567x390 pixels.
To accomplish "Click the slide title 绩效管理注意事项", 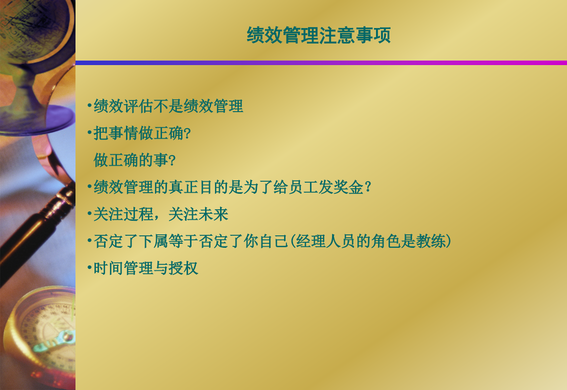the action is tap(318, 35).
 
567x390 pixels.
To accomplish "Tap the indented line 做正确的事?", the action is tap(134, 160).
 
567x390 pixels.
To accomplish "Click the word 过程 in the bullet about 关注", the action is tap(138, 214).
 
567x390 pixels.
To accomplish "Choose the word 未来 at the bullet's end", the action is tap(213, 214).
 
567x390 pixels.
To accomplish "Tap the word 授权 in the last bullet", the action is tap(183, 268).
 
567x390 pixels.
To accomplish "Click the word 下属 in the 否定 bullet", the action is tap(153, 241).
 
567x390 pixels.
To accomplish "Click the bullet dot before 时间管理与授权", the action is tap(89, 268).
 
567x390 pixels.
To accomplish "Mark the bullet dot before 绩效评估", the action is tap(89, 106).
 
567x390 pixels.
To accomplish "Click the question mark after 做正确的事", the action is tap(172, 160).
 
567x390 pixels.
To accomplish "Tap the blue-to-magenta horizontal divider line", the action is tap(321, 63).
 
